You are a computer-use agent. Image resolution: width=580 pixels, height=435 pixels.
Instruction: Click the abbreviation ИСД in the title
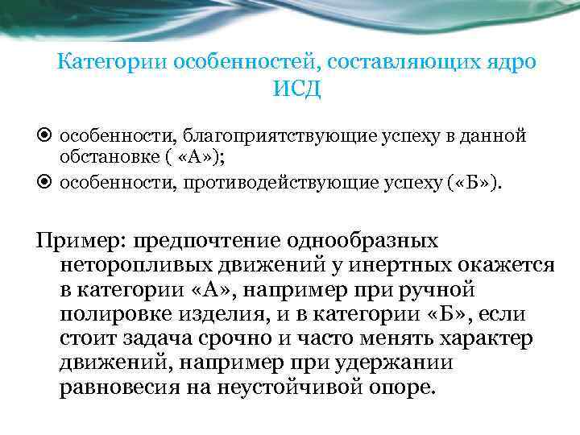point(296,89)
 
